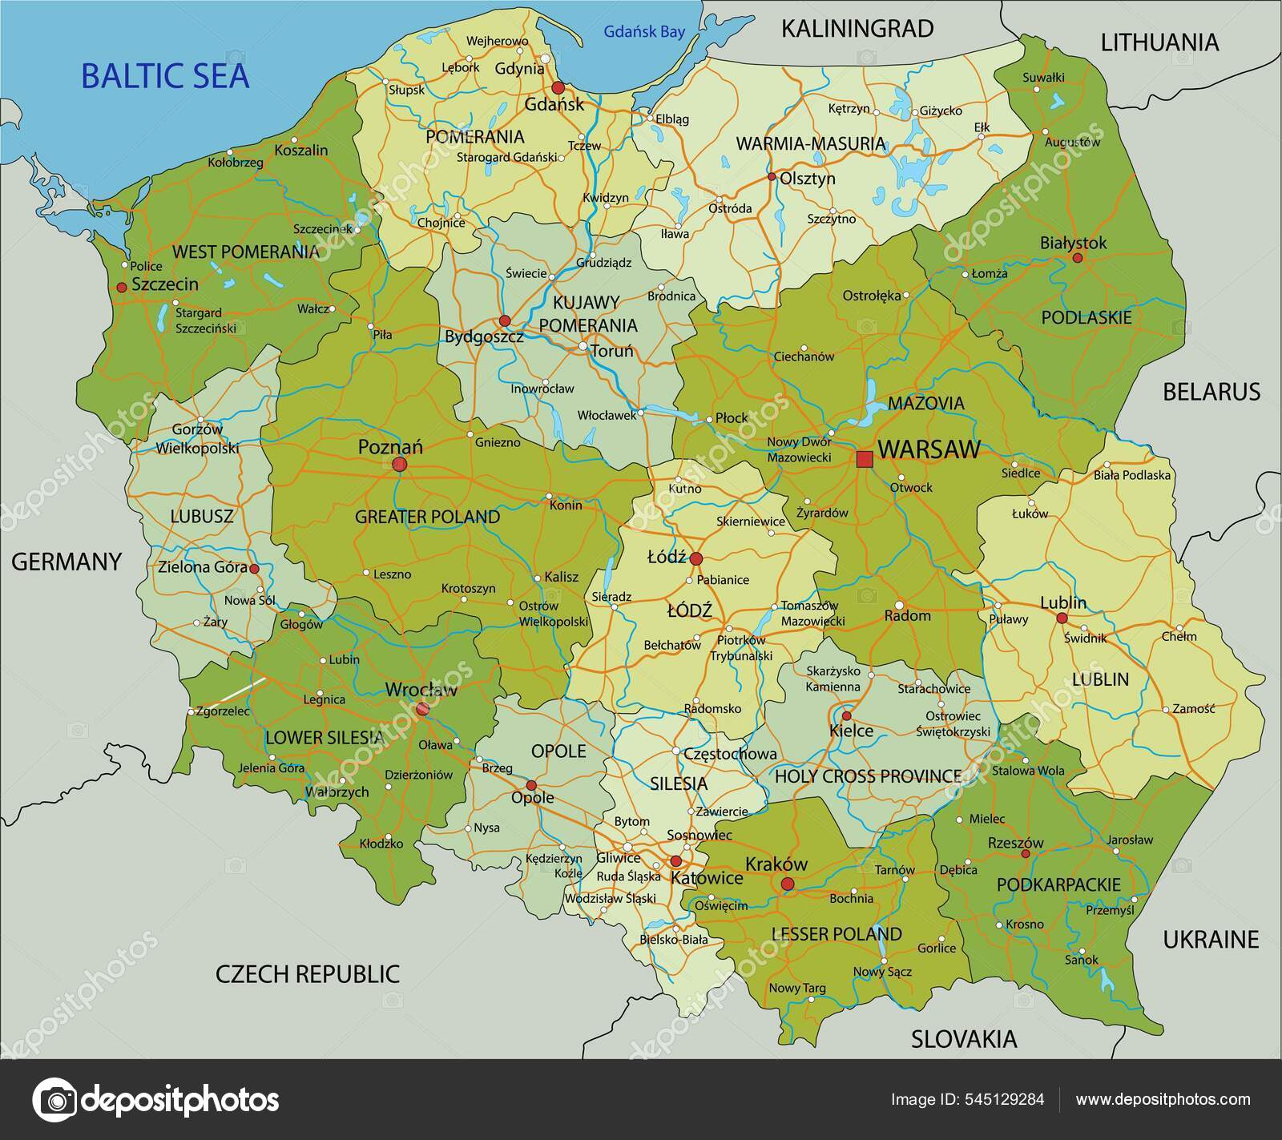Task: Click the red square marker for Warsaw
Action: (864, 459)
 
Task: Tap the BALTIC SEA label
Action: (165, 76)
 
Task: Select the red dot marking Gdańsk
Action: (558, 87)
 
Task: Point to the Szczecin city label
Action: (164, 284)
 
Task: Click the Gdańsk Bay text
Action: (644, 32)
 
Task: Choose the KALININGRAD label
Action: (857, 29)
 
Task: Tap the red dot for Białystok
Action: (1077, 258)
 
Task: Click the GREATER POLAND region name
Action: (427, 517)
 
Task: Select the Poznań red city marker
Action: (399, 465)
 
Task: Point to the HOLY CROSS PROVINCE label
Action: (868, 775)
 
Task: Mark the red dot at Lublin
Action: (1062, 618)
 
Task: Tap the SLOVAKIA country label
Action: (964, 1039)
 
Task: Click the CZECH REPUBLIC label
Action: (308, 974)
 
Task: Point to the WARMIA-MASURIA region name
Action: (811, 144)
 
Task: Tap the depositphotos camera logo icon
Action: (54, 1099)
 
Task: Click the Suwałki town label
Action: (1043, 78)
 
